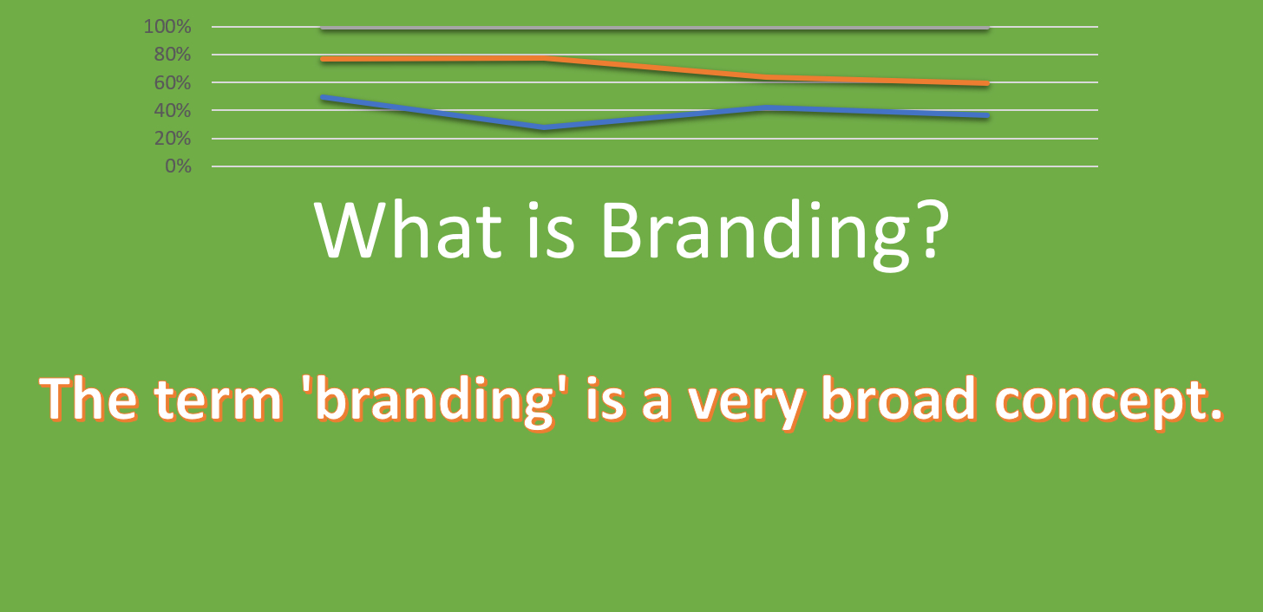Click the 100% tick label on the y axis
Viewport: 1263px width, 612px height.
coord(167,27)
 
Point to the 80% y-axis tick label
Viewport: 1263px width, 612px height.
coord(171,55)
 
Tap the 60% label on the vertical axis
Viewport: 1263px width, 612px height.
coord(171,82)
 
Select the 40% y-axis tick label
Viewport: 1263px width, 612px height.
coord(171,110)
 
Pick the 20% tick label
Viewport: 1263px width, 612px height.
coord(171,138)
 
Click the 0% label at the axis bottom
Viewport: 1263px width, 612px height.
coord(177,166)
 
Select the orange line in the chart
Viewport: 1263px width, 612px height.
coord(659,68)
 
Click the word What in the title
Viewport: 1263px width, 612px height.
coord(408,231)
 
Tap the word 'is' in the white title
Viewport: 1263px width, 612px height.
coord(550,231)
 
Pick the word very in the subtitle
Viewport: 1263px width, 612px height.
coord(695,404)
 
